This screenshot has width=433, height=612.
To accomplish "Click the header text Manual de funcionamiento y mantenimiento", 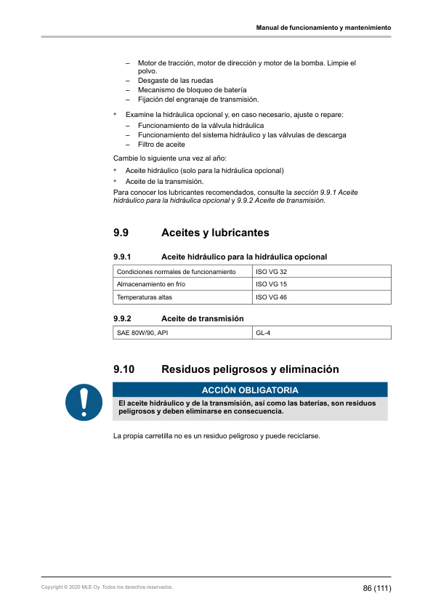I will pyautogui.click(x=323, y=28).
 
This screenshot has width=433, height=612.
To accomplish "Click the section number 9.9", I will pyautogui.click(x=121, y=233).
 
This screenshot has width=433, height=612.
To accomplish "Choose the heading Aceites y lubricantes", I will pyautogui.click(x=215, y=233).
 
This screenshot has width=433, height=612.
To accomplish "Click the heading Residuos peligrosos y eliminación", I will pyautogui.click(x=250, y=369).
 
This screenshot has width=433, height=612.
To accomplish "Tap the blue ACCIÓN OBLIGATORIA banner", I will pyautogui.click(x=250, y=390).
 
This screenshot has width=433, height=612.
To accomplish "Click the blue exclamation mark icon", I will pyautogui.click(x=83, y=402).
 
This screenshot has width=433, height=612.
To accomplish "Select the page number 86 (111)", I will pyautogui.click(x=377, y=587).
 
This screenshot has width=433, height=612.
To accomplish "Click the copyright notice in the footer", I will pyautogui.click(x=108, y=587).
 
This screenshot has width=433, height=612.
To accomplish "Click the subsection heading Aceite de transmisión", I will pyautogui.click(x=202, y=318).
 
